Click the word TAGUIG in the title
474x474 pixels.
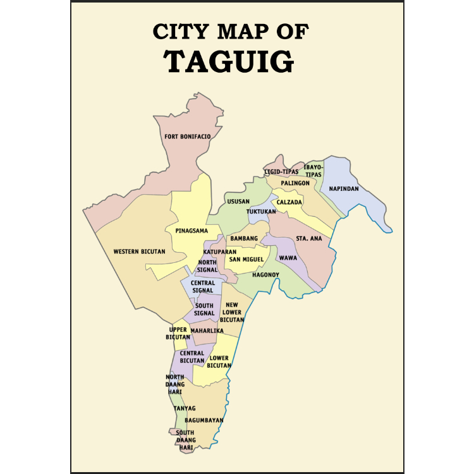pos(229,61)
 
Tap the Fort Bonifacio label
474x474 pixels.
pos(187,137)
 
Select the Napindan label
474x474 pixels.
pos(344,189)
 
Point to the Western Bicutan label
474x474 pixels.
pos(139,252)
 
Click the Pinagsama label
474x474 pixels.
pos(191,231)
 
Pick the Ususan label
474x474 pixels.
pos(238,202)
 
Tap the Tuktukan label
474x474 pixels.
pos(261,211)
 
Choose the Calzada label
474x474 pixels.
pos(289,202)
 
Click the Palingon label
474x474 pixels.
pos(295,183)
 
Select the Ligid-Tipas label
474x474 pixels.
pos(281,172)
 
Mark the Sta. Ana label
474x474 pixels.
pos(309,239)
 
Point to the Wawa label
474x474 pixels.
pos(288,258)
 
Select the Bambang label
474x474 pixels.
pos(244,238)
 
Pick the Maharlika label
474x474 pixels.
pos(207,331)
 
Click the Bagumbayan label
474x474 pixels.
pos(204,420)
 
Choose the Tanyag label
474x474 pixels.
pos(185,408)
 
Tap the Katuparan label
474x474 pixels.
pos(216,252)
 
